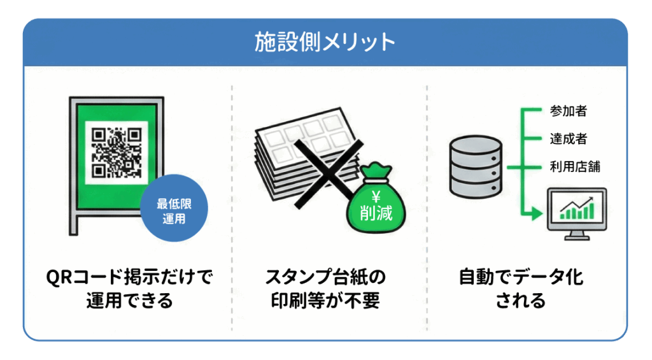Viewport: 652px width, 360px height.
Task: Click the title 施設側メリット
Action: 325,43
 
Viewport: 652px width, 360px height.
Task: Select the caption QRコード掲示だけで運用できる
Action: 129,289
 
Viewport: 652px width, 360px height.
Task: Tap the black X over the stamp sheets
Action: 325,172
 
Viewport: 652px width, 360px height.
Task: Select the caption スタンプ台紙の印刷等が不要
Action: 325,289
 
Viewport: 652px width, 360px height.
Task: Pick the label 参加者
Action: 568,112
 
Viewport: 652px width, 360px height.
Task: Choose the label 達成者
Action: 568,139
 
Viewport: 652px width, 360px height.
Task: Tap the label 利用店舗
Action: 574,167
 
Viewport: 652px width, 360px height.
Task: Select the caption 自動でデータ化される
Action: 521,289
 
